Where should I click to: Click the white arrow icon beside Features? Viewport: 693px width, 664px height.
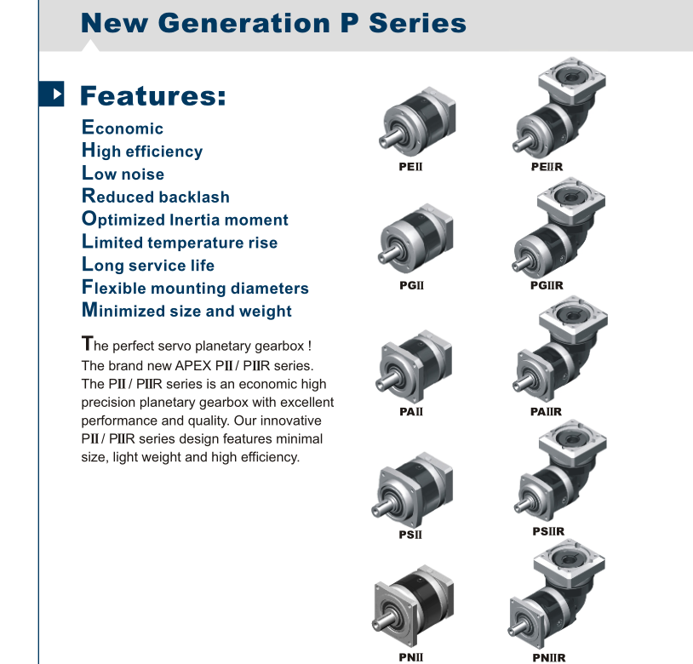(x=56, y=94)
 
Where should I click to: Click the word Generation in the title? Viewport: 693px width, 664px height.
(x=244, y=23)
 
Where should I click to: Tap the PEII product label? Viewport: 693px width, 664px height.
(x=410, y=167)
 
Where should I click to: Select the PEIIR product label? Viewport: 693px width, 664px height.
(x=547, y=167)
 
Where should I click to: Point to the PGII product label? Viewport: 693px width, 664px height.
(x=411, y=285)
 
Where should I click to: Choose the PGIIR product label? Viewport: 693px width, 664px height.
(x=547, y=285)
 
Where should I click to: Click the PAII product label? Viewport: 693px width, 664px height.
(x=411, y=412)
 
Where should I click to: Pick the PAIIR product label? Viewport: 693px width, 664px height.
(x=547, y=412)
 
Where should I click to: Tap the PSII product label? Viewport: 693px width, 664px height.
(x=410, y=535)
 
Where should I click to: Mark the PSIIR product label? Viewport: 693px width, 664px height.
(x=548, y=531)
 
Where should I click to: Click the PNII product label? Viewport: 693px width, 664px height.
(x=411, y=657)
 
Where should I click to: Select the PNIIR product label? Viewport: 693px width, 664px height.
(x=549, y=658)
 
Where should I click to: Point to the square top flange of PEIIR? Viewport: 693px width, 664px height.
(x=572, y=80)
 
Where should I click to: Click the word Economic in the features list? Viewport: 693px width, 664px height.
(x=123, y=128)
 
